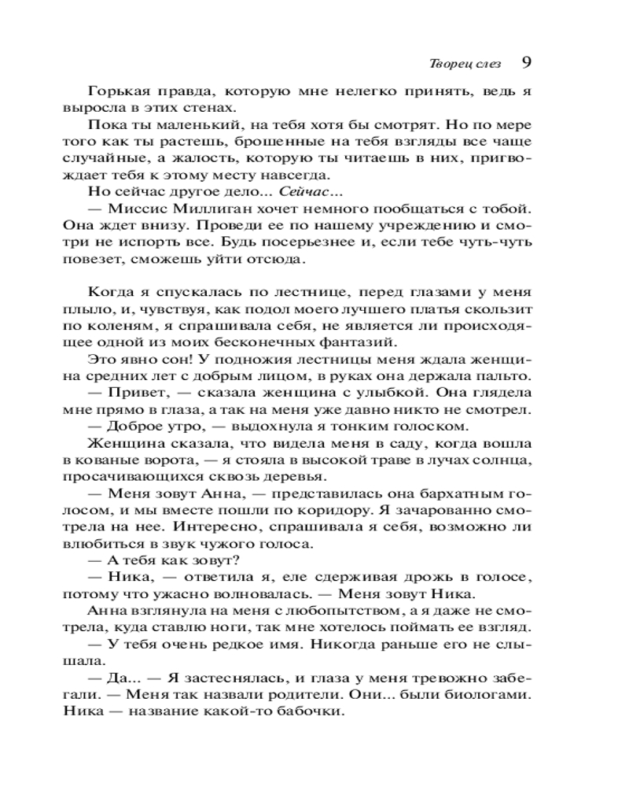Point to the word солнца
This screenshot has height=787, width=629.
click(x=505, y=461)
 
